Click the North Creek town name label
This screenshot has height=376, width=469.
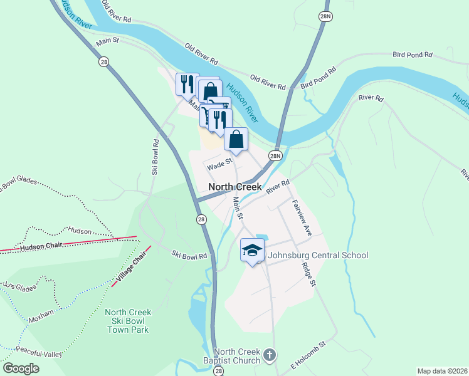[x=234, y=187]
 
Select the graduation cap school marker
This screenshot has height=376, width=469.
[x=252, y=251]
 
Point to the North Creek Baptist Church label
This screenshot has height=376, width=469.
[x=236, y=356]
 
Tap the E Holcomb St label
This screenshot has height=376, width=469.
[x=308, y=352]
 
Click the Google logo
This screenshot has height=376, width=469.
[x=21, y=368]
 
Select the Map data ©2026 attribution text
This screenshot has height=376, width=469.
[x=442, y=371]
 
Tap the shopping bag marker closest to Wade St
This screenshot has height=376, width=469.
[x=236, y=139]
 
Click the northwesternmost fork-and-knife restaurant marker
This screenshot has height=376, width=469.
[x=187, y=83]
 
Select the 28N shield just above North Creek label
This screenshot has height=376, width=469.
[x=275, y=155]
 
